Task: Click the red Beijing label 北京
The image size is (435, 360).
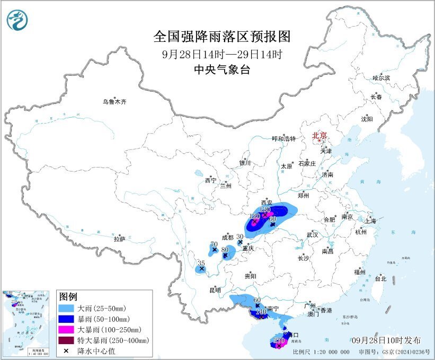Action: coord(319,135)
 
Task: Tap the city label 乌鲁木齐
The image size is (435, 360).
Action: coord(115,101)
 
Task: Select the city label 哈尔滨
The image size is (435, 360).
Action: coord(380,78)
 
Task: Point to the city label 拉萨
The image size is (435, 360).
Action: coord(119,239)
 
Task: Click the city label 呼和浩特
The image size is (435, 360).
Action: coord(283,139)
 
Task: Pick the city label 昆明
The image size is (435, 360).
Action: coord(215,290)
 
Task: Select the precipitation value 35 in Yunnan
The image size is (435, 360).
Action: coord(201,264)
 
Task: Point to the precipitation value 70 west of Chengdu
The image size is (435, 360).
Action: coord(214,244)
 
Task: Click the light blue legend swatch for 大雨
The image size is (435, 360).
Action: coord(67,308)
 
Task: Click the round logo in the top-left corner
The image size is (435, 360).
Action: coord(17,20)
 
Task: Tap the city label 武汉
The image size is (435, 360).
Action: coord(312,234)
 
